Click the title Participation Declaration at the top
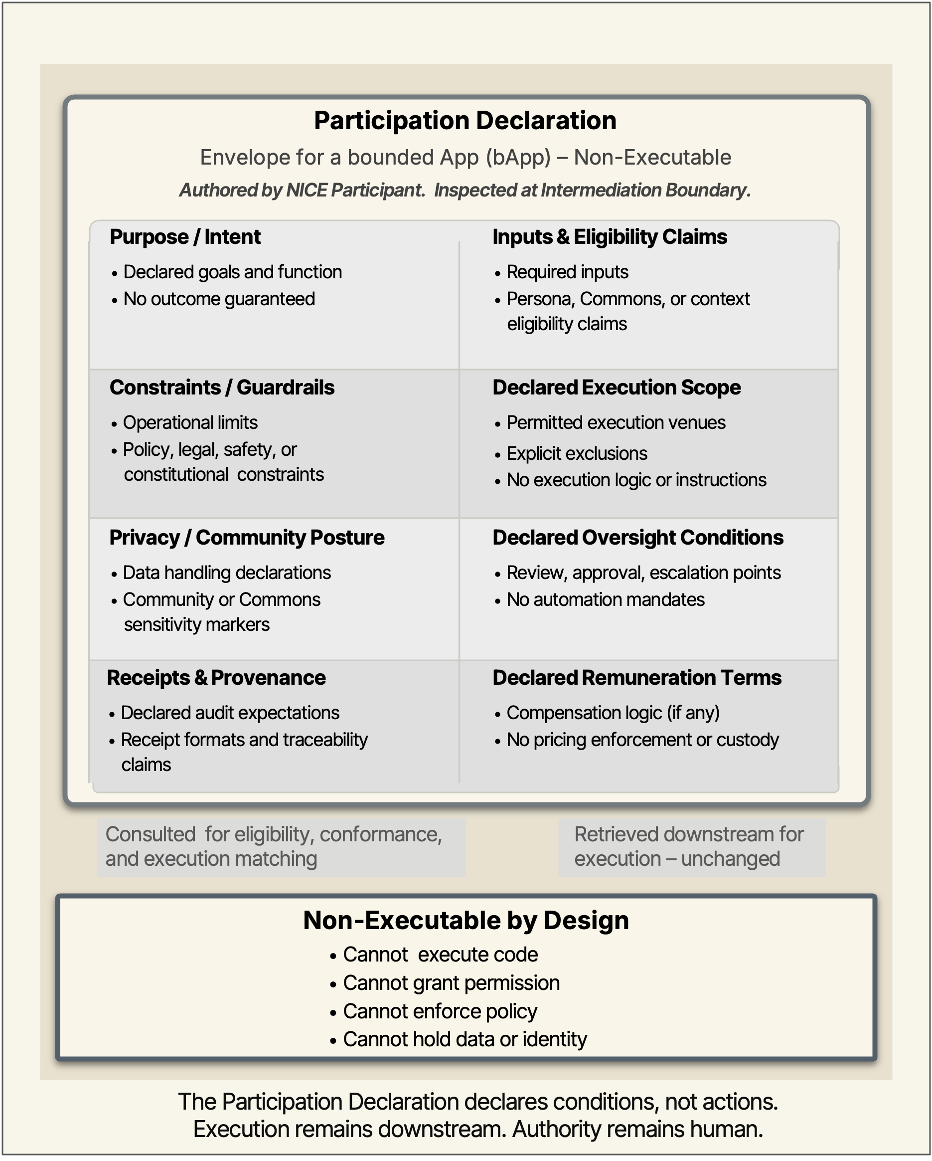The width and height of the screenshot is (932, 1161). point(465,121)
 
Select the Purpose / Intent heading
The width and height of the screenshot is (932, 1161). point(185,237)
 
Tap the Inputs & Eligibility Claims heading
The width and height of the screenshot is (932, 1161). point(610,237)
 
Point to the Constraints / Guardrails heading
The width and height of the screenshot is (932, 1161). point(222,387)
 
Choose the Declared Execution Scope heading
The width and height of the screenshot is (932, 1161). point(617,387)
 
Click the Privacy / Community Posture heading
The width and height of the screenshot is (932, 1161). point(247,538)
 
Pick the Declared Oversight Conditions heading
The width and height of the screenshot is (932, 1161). point(638,538)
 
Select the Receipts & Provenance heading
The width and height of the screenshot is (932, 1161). point(216,677)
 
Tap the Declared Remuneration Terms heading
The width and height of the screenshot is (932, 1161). point(637,677)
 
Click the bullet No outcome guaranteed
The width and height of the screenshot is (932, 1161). point(219,299)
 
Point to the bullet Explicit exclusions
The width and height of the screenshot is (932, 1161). point(577,453)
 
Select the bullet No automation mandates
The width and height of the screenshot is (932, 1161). point(606,599)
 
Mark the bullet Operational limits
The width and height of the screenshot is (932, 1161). point(190,423)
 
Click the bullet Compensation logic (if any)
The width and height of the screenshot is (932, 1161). point(613,713)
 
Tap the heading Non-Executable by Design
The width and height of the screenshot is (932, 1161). point(466,920)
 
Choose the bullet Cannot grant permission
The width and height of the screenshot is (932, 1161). point(452,983)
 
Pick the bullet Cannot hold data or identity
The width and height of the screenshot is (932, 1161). point(465,1039)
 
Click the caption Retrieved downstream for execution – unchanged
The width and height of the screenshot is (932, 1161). point(689,846)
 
